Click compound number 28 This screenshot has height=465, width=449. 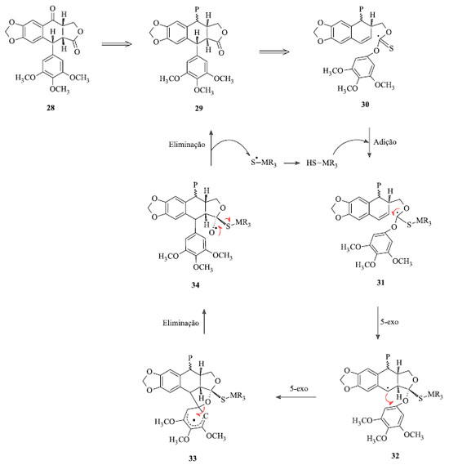[x=51, y=108]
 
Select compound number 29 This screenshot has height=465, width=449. [x=198, y=108]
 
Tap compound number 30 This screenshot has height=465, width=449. [x=365, y=104]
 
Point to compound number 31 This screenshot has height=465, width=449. [x=380, y=282]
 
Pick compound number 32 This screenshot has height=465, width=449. [x=395, y=455]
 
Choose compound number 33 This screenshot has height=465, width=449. [x=193, y=458]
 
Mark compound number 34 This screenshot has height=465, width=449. [x=195, y=285]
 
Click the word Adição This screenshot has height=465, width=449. [x=385, y=141]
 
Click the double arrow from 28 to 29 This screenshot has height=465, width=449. [x=117, y=44]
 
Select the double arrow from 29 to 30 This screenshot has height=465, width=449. [x=274, y=51]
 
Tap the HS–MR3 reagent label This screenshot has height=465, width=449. [x=322, y=163]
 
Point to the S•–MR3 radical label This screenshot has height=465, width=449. [x=264, y=163]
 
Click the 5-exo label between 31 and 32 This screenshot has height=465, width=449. [x=389, y=322]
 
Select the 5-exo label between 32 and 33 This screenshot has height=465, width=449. [x=299, y=388]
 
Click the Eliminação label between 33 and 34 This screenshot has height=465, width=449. [x=180, y=323]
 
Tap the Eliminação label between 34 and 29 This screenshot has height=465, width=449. [x=187, y=145]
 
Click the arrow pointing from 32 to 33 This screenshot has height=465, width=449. [x=296, y=397]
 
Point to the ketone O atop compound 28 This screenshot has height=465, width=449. [x=52, y=9]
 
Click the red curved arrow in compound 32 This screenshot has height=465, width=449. [x=388, y=399]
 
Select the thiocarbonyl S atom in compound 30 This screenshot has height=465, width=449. [x=391, y=49]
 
